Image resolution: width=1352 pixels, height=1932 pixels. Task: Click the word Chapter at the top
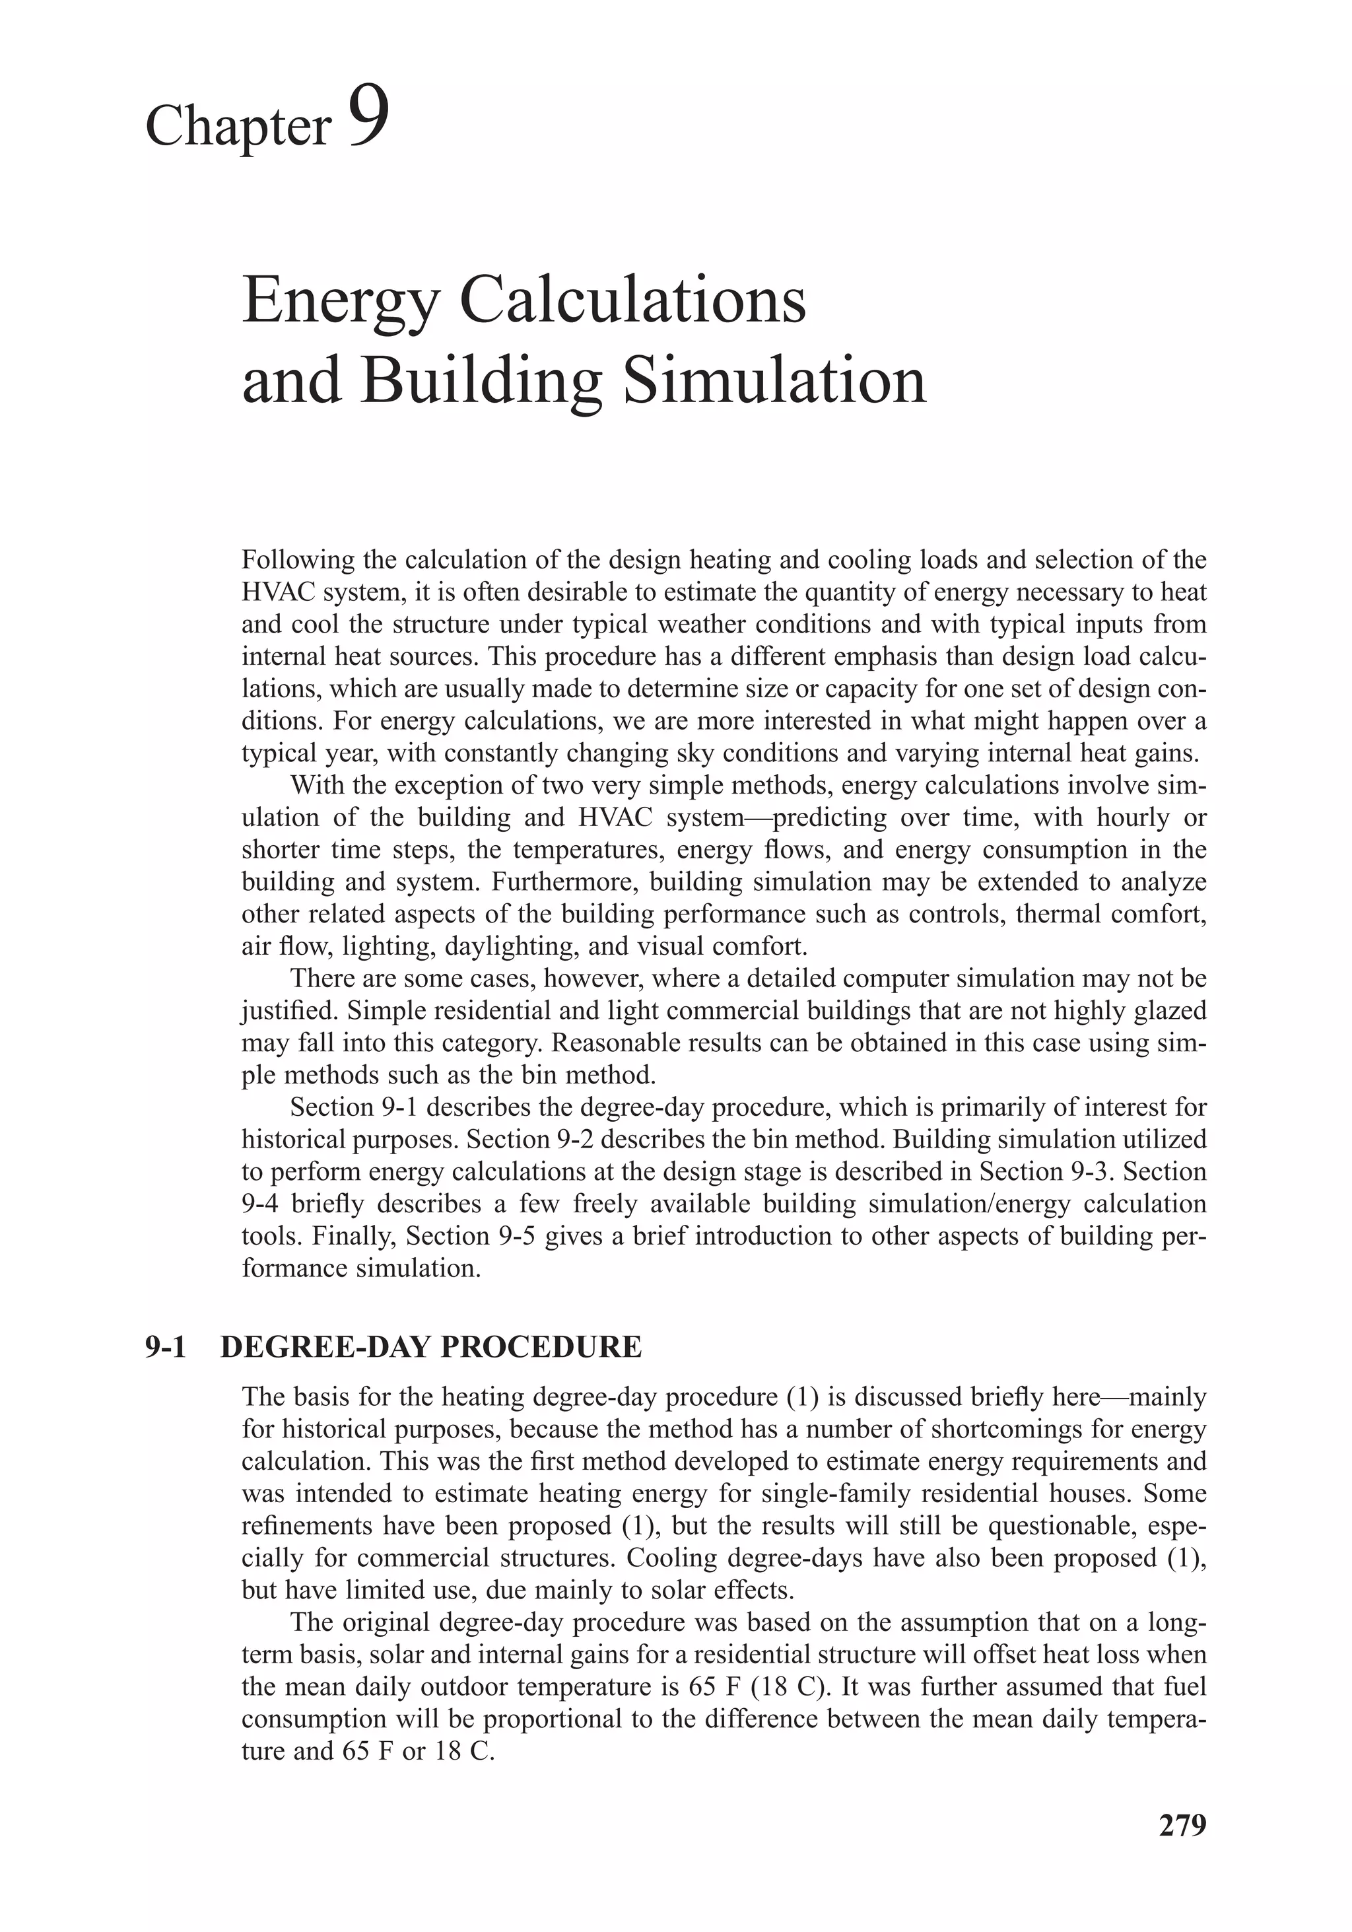click(238, 126)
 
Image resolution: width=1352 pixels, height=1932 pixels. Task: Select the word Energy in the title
click(339, 304)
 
